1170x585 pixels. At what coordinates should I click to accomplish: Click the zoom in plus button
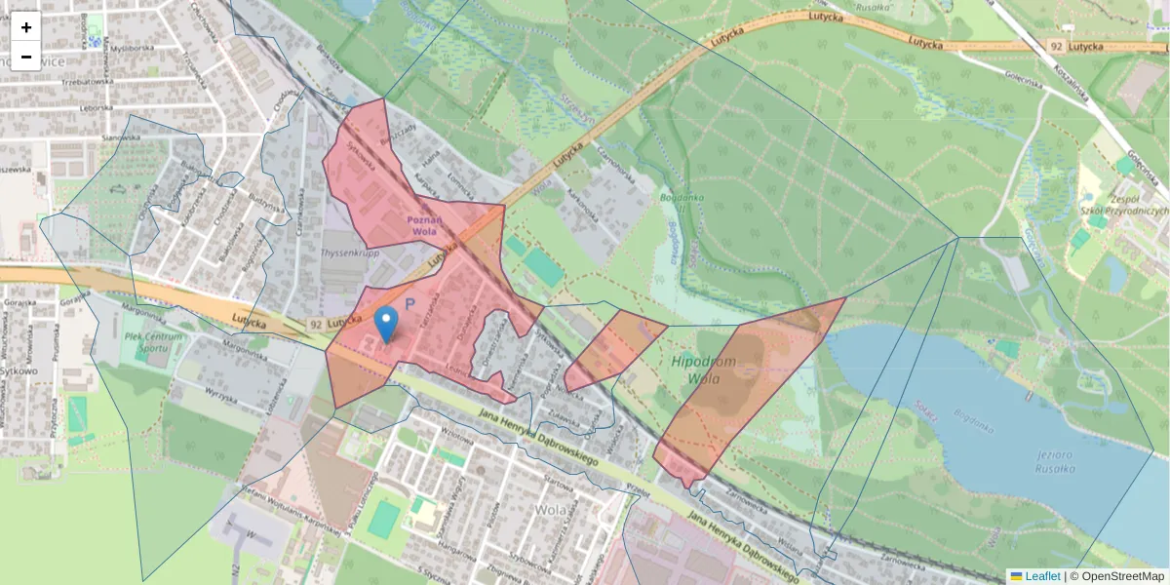click(x=26, y=26)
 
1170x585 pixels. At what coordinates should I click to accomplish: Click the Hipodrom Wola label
click(x=703, y=370)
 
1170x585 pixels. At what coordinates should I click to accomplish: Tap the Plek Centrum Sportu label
click(x=154, y=342)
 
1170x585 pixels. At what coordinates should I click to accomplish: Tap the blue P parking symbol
click(x=410, y=305)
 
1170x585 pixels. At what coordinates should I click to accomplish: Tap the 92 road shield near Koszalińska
click(x=1056, y=46)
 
